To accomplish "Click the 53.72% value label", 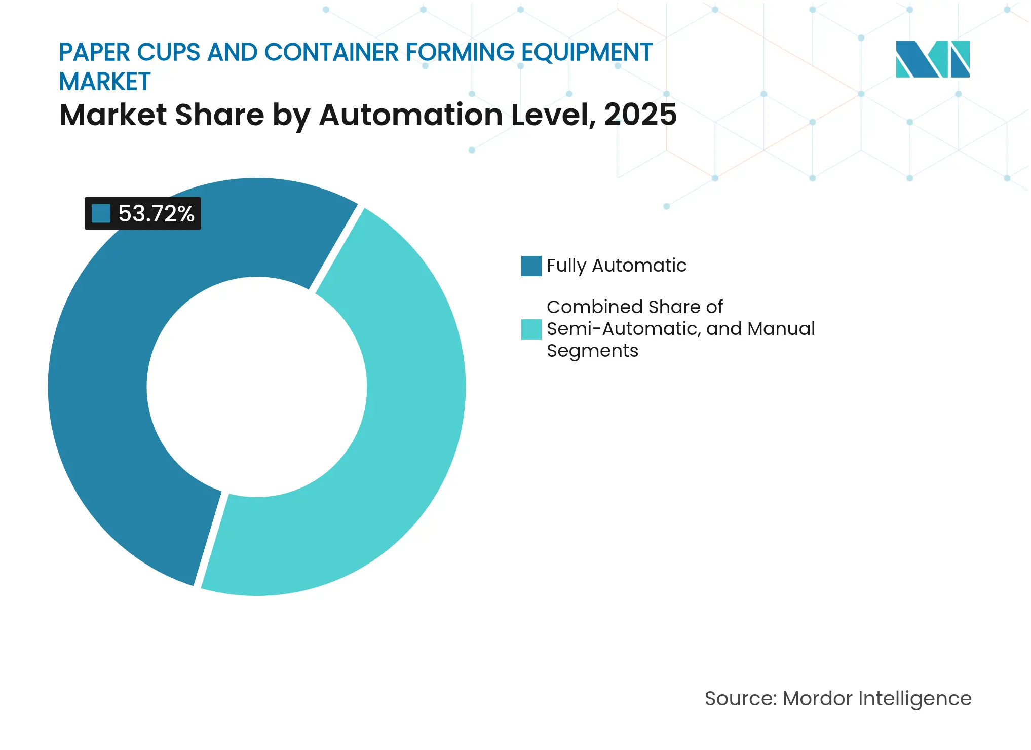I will (156, 213).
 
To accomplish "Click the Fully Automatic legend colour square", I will (531, 266).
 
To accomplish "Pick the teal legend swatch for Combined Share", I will (531, 329).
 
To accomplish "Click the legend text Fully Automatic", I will (616, 266).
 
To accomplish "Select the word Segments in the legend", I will (592, 351).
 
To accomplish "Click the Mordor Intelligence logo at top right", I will (932, 59).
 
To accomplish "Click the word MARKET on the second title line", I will (105, 82).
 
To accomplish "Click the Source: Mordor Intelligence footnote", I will (837, 698).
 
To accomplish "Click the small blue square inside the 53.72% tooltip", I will (101, 213).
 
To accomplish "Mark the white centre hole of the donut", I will (257, 387).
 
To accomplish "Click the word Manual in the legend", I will (781, 329).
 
